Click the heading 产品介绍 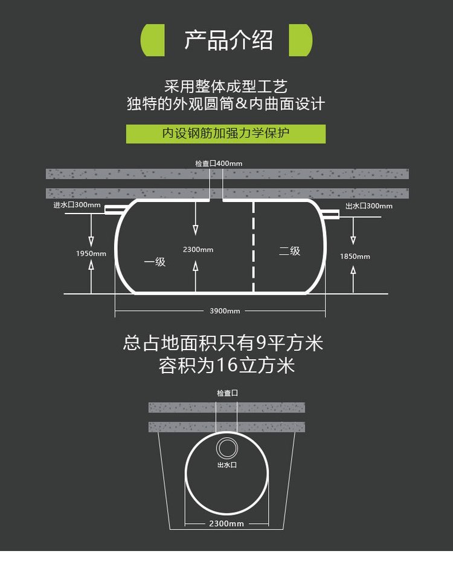coord(228,40)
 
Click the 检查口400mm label coord(219,164)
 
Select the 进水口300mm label coord(77,205)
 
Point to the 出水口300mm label coord(368,206)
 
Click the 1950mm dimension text coord(91,253)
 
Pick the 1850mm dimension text coord(355,256)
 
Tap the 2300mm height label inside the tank coord(198,250)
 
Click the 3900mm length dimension coord(225,311)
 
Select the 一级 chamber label coord(155,263)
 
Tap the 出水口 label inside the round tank coord(226,465)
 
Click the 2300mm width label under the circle coord(226,524)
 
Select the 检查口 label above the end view coord(227,393)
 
